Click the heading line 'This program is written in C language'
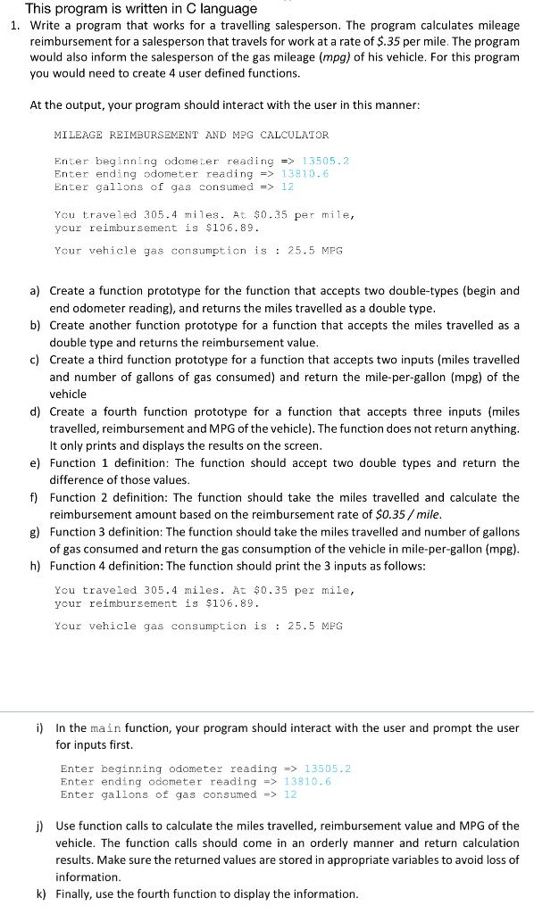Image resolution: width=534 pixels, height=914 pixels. click(141, 8)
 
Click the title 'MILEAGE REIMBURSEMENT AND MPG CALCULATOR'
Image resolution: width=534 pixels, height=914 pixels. click(191, 135)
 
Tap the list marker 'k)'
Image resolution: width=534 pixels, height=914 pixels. click(39, 893)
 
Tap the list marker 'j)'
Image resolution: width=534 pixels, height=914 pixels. click(39, 826)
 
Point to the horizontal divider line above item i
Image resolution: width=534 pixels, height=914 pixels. click(267, 711)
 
